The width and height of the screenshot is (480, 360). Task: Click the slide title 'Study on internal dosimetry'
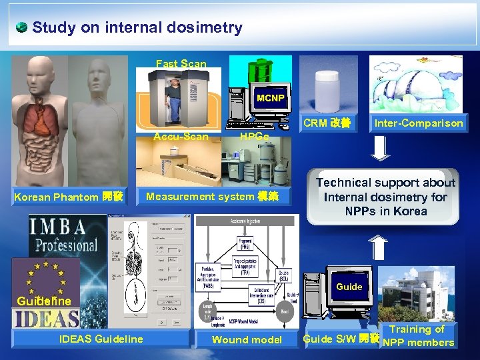click(x=137, y=27)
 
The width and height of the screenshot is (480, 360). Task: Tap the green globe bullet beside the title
click(x=21, y=27)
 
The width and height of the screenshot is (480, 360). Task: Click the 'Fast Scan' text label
click(x=181, y=64)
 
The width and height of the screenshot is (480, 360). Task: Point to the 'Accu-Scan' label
click(x=181, y=137)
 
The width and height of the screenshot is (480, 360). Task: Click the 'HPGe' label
click(x=254, y=137)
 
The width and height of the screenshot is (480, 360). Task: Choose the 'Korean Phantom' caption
click(x=69, y=197)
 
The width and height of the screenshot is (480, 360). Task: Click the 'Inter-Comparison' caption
click(x=419, y=123)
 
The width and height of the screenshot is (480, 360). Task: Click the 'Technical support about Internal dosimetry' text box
click(x=385, y=197)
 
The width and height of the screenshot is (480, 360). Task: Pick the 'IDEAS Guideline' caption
click(x=101, y=339)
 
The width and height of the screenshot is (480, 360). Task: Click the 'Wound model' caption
click(x=247, y=339)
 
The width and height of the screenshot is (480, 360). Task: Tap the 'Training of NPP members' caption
click(x=417, y=335)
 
